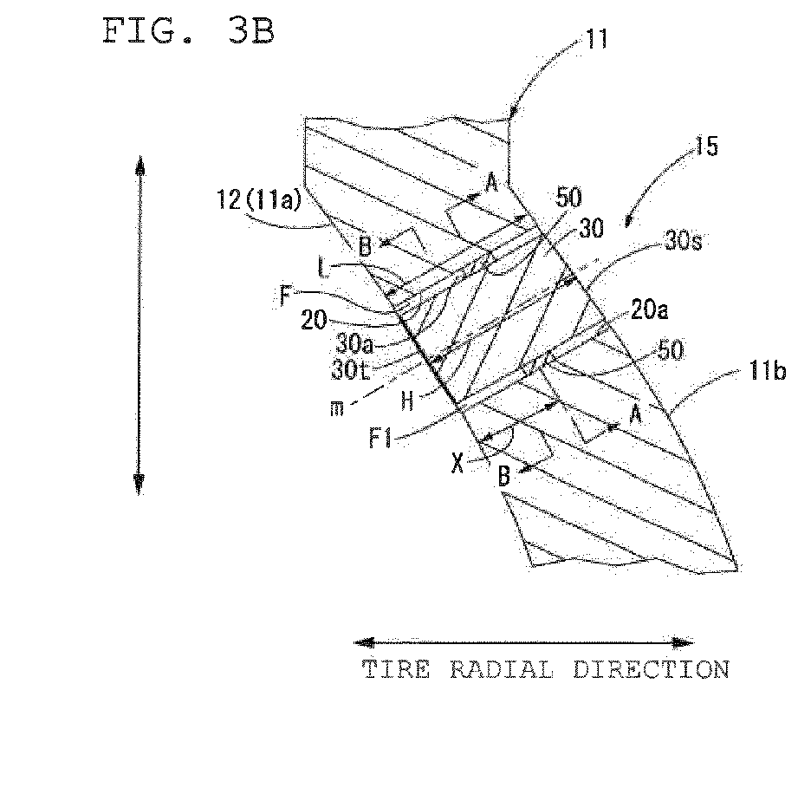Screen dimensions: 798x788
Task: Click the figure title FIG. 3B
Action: pos(188,31)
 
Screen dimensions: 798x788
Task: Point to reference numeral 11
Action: pos(597,39)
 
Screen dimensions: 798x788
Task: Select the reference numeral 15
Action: pos(706,146)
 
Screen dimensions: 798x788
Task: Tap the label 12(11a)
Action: pos(259,199)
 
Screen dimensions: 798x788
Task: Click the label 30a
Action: pos(354,345)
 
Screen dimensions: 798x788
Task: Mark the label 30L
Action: pos(351,370)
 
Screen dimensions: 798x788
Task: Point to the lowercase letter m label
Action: pos(337,409)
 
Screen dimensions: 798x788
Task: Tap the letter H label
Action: pos(407,401)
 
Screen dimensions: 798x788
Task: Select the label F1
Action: pos(380,438)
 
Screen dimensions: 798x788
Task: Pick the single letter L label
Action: pos(323,267)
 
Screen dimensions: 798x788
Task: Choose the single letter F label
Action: pos(286,296)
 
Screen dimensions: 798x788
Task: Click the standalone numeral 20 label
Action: pos(314,321)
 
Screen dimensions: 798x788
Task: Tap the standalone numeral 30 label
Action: pos(591,229)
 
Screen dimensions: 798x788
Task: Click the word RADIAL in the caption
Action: pos(502,669)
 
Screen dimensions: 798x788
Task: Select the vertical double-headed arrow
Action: pos(139,325)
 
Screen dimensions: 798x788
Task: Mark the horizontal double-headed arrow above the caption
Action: pos(523,643)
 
